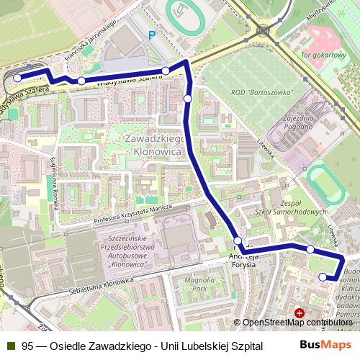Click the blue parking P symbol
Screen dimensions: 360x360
(x=151, y=35)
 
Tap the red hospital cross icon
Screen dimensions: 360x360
(x=299, y=313)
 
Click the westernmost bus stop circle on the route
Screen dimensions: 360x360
(x=18, y=78)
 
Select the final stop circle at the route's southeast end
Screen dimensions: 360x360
(x=323, y=276)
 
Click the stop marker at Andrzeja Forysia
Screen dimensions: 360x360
(x=238, y=240)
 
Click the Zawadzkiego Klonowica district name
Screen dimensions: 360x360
(x=156, y=144)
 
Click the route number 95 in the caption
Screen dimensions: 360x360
(x=27, y=345)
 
